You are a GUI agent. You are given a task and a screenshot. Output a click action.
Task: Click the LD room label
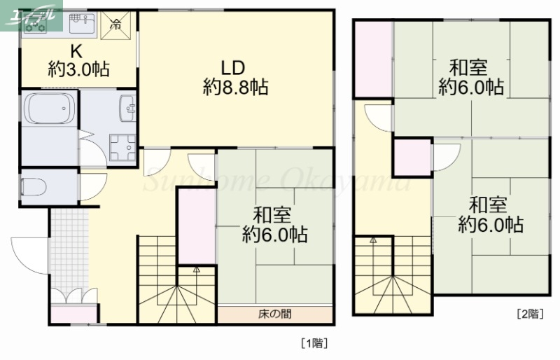(232, 68)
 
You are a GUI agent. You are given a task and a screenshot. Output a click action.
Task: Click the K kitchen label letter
(77, 51)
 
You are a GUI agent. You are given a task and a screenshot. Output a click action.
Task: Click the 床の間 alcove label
(274, 314)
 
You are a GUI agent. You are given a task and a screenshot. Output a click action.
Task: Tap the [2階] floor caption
(530, 314)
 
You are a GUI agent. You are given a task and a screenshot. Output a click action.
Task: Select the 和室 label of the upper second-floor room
(468, 68)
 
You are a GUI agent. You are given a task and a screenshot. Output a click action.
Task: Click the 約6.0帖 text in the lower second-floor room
(490, 226)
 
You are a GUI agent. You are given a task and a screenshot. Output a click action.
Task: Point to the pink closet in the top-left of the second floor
(373, 60)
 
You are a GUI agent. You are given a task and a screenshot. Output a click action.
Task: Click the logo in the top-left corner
(31, 17)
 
